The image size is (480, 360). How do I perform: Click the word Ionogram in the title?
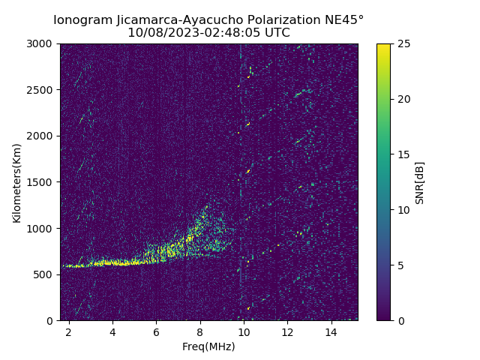point(82,19)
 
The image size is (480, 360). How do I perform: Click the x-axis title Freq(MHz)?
point(208,346)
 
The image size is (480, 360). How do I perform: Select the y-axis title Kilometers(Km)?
point(17,182)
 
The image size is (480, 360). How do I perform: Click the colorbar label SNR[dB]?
point(420,182)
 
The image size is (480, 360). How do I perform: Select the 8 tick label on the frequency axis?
point(200,331)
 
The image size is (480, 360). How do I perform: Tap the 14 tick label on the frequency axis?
point(331,331)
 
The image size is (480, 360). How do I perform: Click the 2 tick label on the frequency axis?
point(69,331)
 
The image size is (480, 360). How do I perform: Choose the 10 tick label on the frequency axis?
point(244,331)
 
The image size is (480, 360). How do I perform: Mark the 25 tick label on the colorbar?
point(403,43)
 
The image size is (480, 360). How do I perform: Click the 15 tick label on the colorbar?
point(403,154)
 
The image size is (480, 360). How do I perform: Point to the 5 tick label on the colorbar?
point(400,265)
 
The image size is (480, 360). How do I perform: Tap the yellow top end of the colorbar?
point(383,46)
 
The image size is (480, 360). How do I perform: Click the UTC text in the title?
point(277,33)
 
